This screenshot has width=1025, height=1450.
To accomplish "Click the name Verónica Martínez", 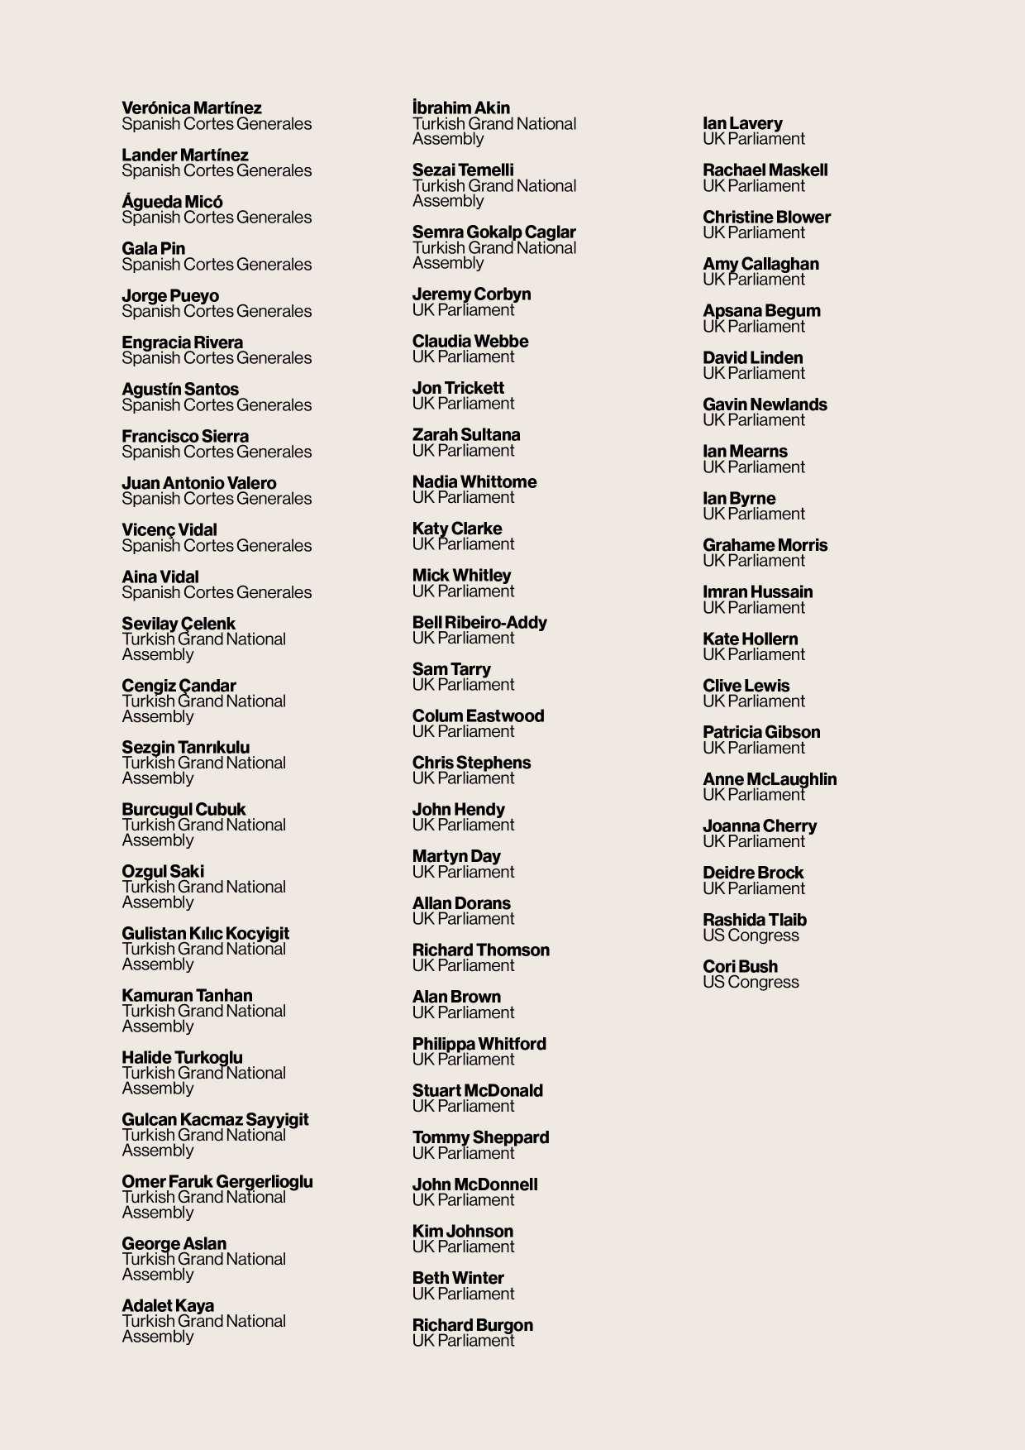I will [191, 108].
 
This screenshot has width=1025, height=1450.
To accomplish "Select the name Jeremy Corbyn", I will [471, 294].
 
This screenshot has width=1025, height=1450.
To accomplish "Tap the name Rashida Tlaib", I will [754, 920].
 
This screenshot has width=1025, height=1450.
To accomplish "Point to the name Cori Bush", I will [740, 967].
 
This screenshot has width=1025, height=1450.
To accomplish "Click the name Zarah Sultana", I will [466, 435].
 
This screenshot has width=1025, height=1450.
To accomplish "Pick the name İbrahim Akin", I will [460, 108].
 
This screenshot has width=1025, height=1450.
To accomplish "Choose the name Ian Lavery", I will [742, 123].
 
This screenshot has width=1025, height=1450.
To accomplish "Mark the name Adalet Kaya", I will [168, 1306].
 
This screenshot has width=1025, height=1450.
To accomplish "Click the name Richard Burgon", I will [472, 1325].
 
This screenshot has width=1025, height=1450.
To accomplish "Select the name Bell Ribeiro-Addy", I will [479, 623].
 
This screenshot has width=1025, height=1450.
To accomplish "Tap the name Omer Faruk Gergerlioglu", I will [217, 1182].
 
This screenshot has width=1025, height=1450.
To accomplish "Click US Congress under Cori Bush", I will [751, 983].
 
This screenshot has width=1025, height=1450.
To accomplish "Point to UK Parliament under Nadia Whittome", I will [463, 498].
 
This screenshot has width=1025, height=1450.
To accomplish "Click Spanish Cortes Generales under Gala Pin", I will [217, 265].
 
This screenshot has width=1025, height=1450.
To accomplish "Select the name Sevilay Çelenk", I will [179, 624].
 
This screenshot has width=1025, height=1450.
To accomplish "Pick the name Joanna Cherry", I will [760, 826].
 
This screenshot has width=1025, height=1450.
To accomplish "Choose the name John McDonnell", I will [474, 1184].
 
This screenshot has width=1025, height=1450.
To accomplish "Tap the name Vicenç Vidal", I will [169, 530].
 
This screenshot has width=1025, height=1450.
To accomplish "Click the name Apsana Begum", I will [761, 311].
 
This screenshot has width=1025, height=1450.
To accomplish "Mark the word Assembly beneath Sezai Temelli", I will [448, 201].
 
